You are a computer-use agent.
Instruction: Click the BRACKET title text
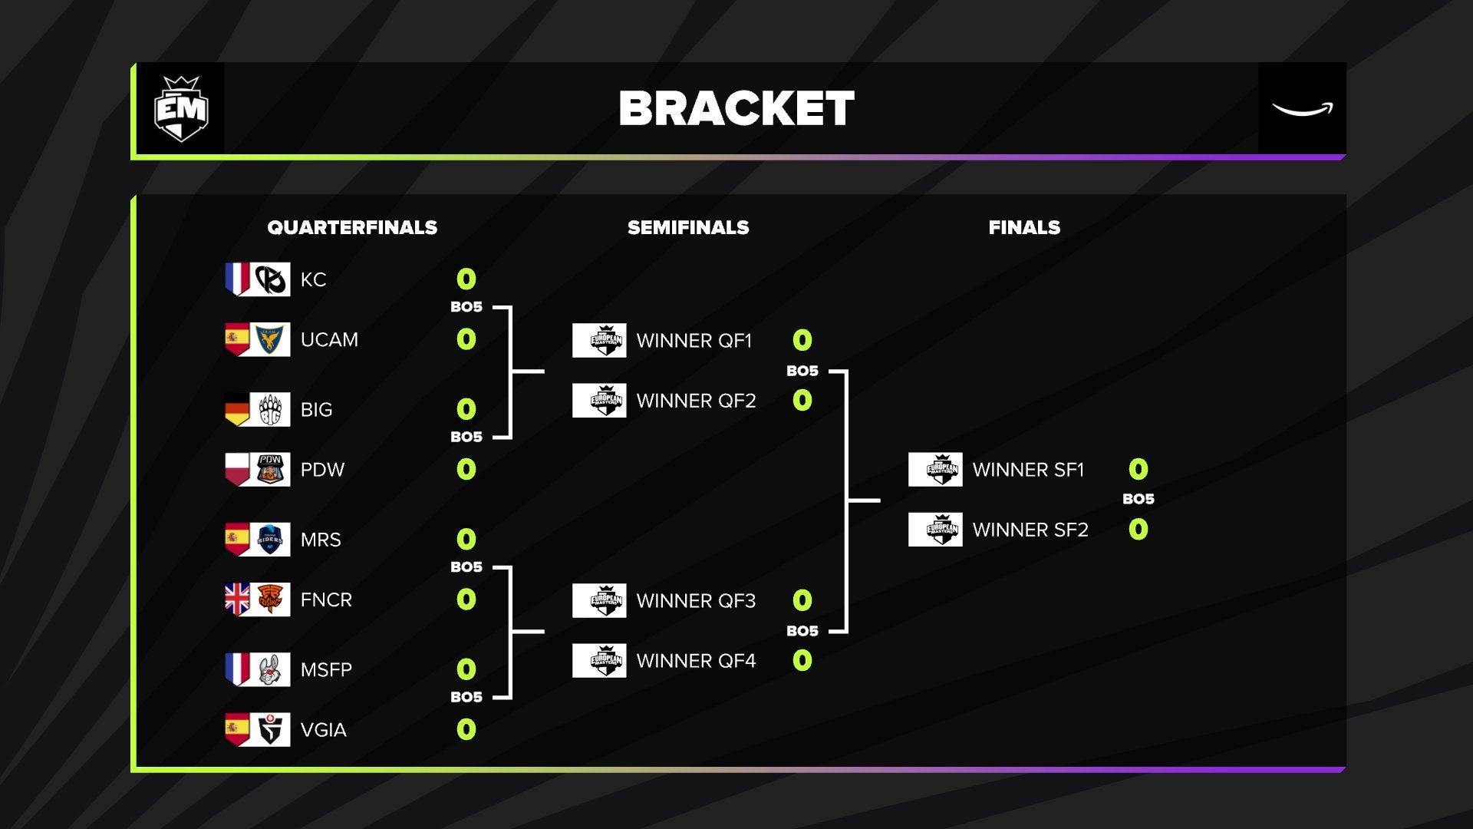tap(736, 108)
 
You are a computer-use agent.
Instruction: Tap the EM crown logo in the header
tap(181, 109)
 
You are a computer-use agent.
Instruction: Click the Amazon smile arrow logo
tap(1302, 110)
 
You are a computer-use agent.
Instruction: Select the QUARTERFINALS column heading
tap(352, 227)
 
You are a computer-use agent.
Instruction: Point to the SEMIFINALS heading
tap(688, 227)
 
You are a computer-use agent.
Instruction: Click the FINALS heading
tap(1024, 227)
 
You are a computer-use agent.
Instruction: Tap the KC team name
tap(313, 279)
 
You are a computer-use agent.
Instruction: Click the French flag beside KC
tap(237, 279)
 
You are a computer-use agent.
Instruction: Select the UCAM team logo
tap(270, 339)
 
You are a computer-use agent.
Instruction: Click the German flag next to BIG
tap(237, 409)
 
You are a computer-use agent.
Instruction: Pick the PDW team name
tap(322, 470)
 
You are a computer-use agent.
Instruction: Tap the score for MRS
tap(466, 539)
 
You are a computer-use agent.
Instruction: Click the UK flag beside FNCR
tap(237, 599)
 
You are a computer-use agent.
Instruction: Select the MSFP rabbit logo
tap(270, 669)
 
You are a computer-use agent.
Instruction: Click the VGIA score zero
tap(466, 729)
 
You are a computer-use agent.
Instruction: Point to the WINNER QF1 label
tap(694, 341)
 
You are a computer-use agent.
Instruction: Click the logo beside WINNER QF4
tap(599, 660)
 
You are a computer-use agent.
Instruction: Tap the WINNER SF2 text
tap(1030, 530)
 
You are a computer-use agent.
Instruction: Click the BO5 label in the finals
tap(1138, 499)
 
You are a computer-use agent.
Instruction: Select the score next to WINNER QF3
tap(802, 600)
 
